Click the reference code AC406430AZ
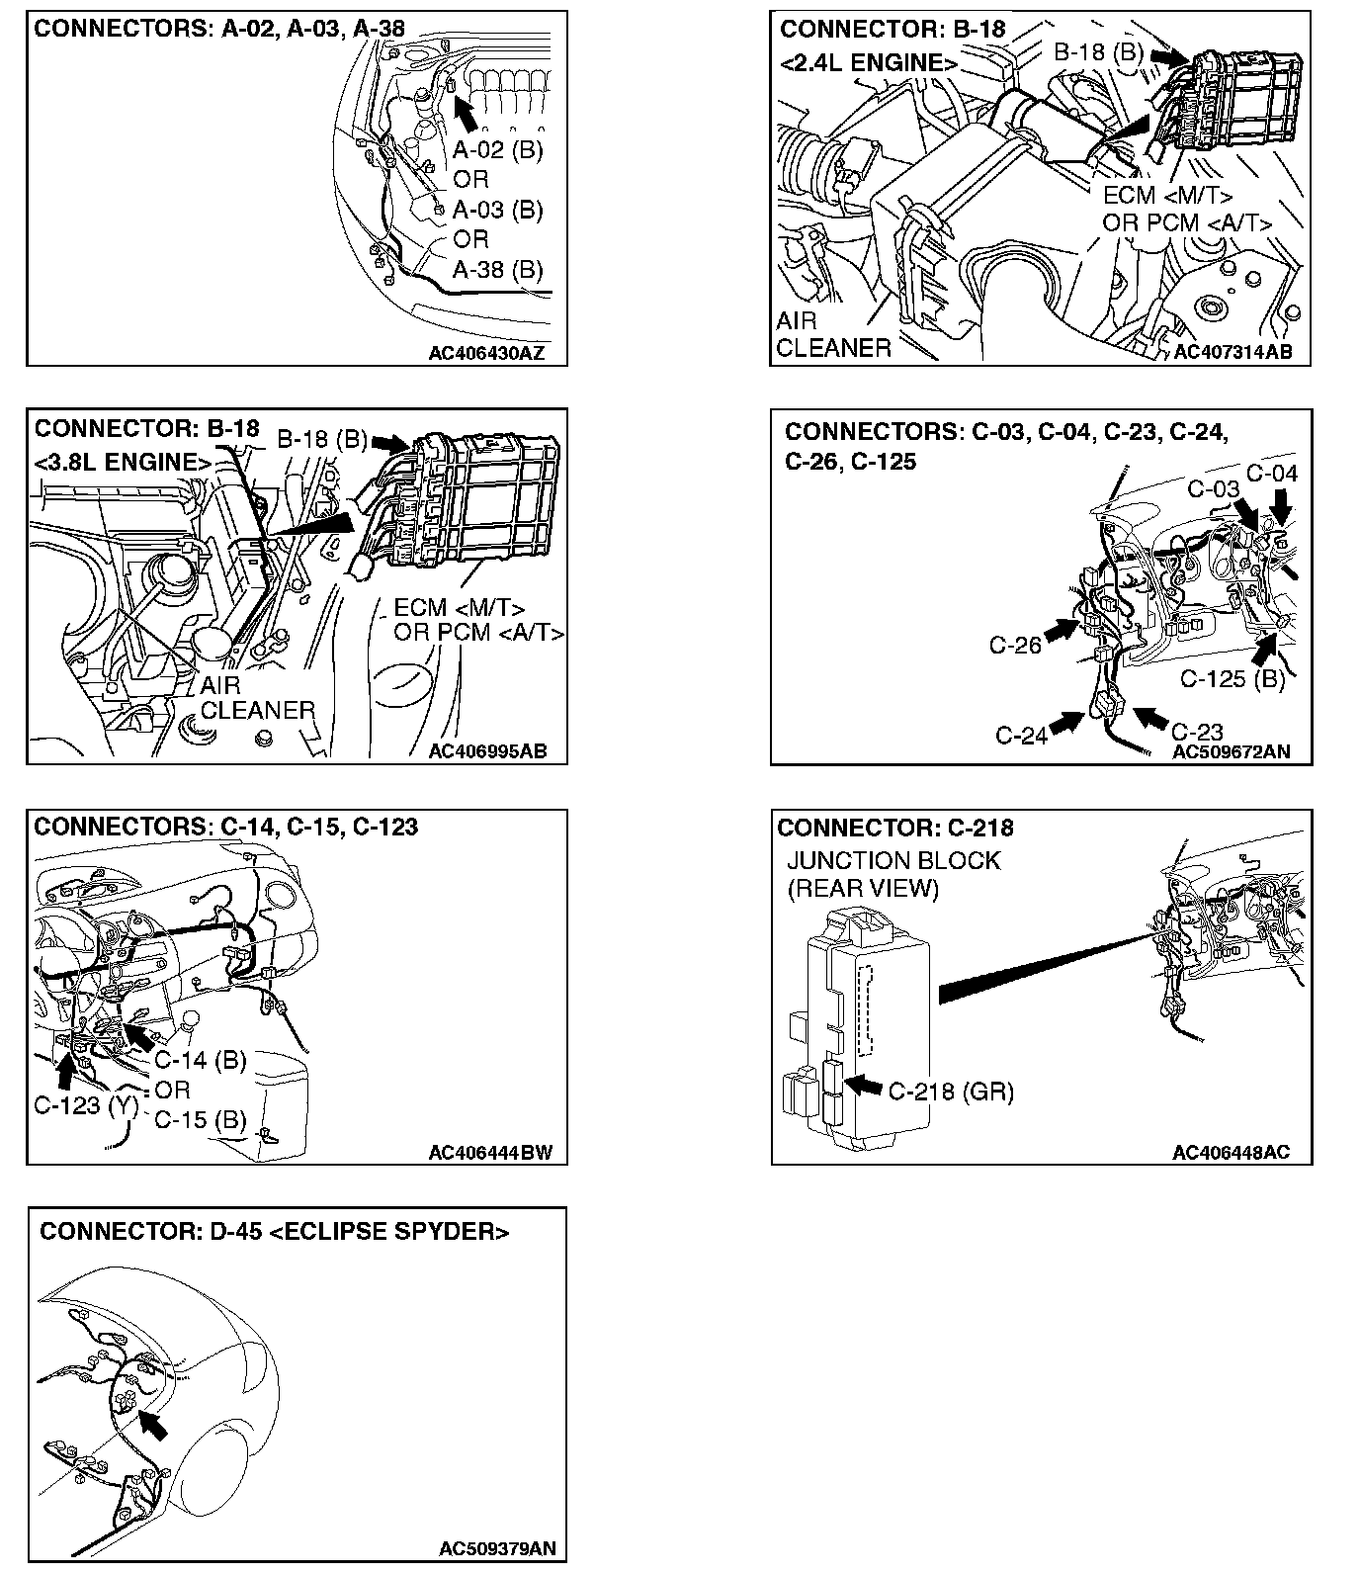click(x=485, y=352)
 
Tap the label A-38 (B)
click(x=497, y=269)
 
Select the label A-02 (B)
click(x=497, y=150)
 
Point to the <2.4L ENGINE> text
click(x=868, y=63)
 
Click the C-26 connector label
click(x=1014, y=645)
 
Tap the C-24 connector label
click(x=1020, y=735)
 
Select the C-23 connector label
click(x=1197, y=732)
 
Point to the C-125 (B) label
click(x=1232, y=679)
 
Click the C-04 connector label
click(x=1271, y=474)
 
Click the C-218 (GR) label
click(x=951, y=1091)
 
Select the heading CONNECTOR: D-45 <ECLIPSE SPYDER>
click(x=274, y=1232)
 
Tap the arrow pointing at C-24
click(x=1063, y=724)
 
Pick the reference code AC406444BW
click(x=490, y=1152)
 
